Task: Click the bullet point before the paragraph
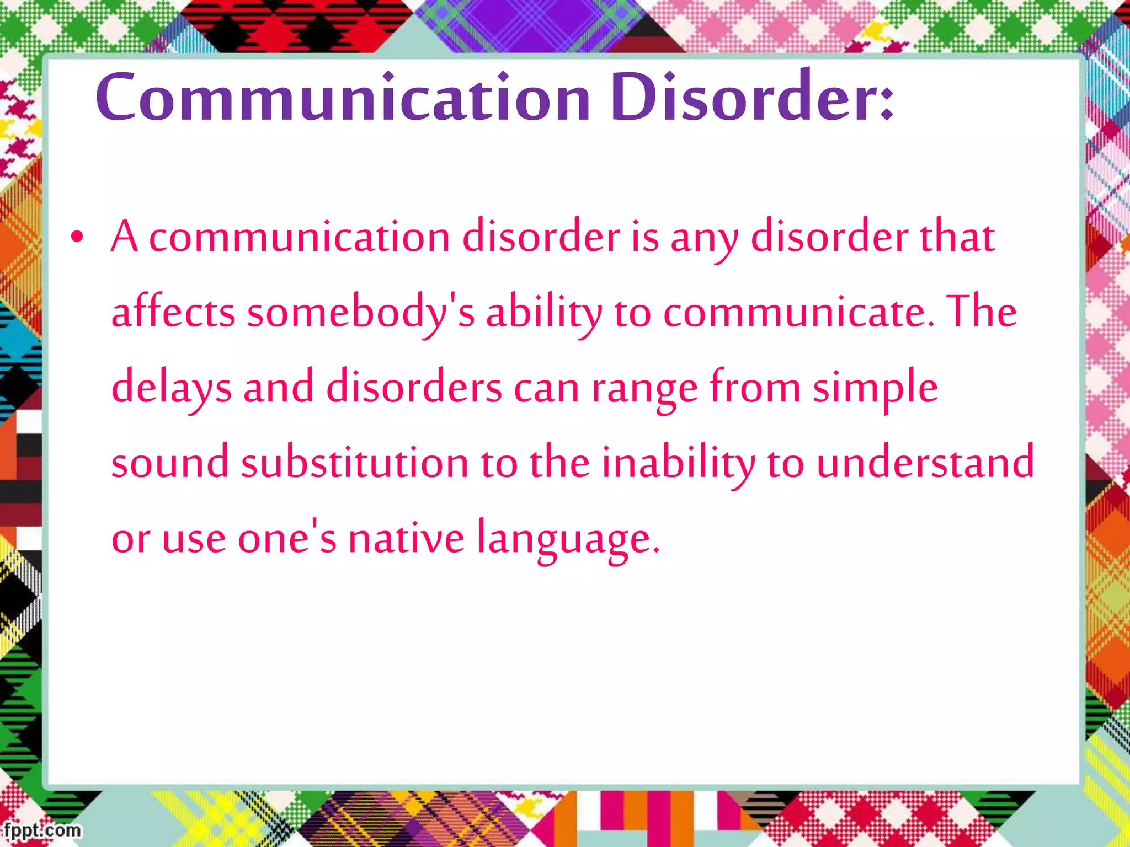pos(77,238)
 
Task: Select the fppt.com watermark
pos(41,830)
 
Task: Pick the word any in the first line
pos(704,238)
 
